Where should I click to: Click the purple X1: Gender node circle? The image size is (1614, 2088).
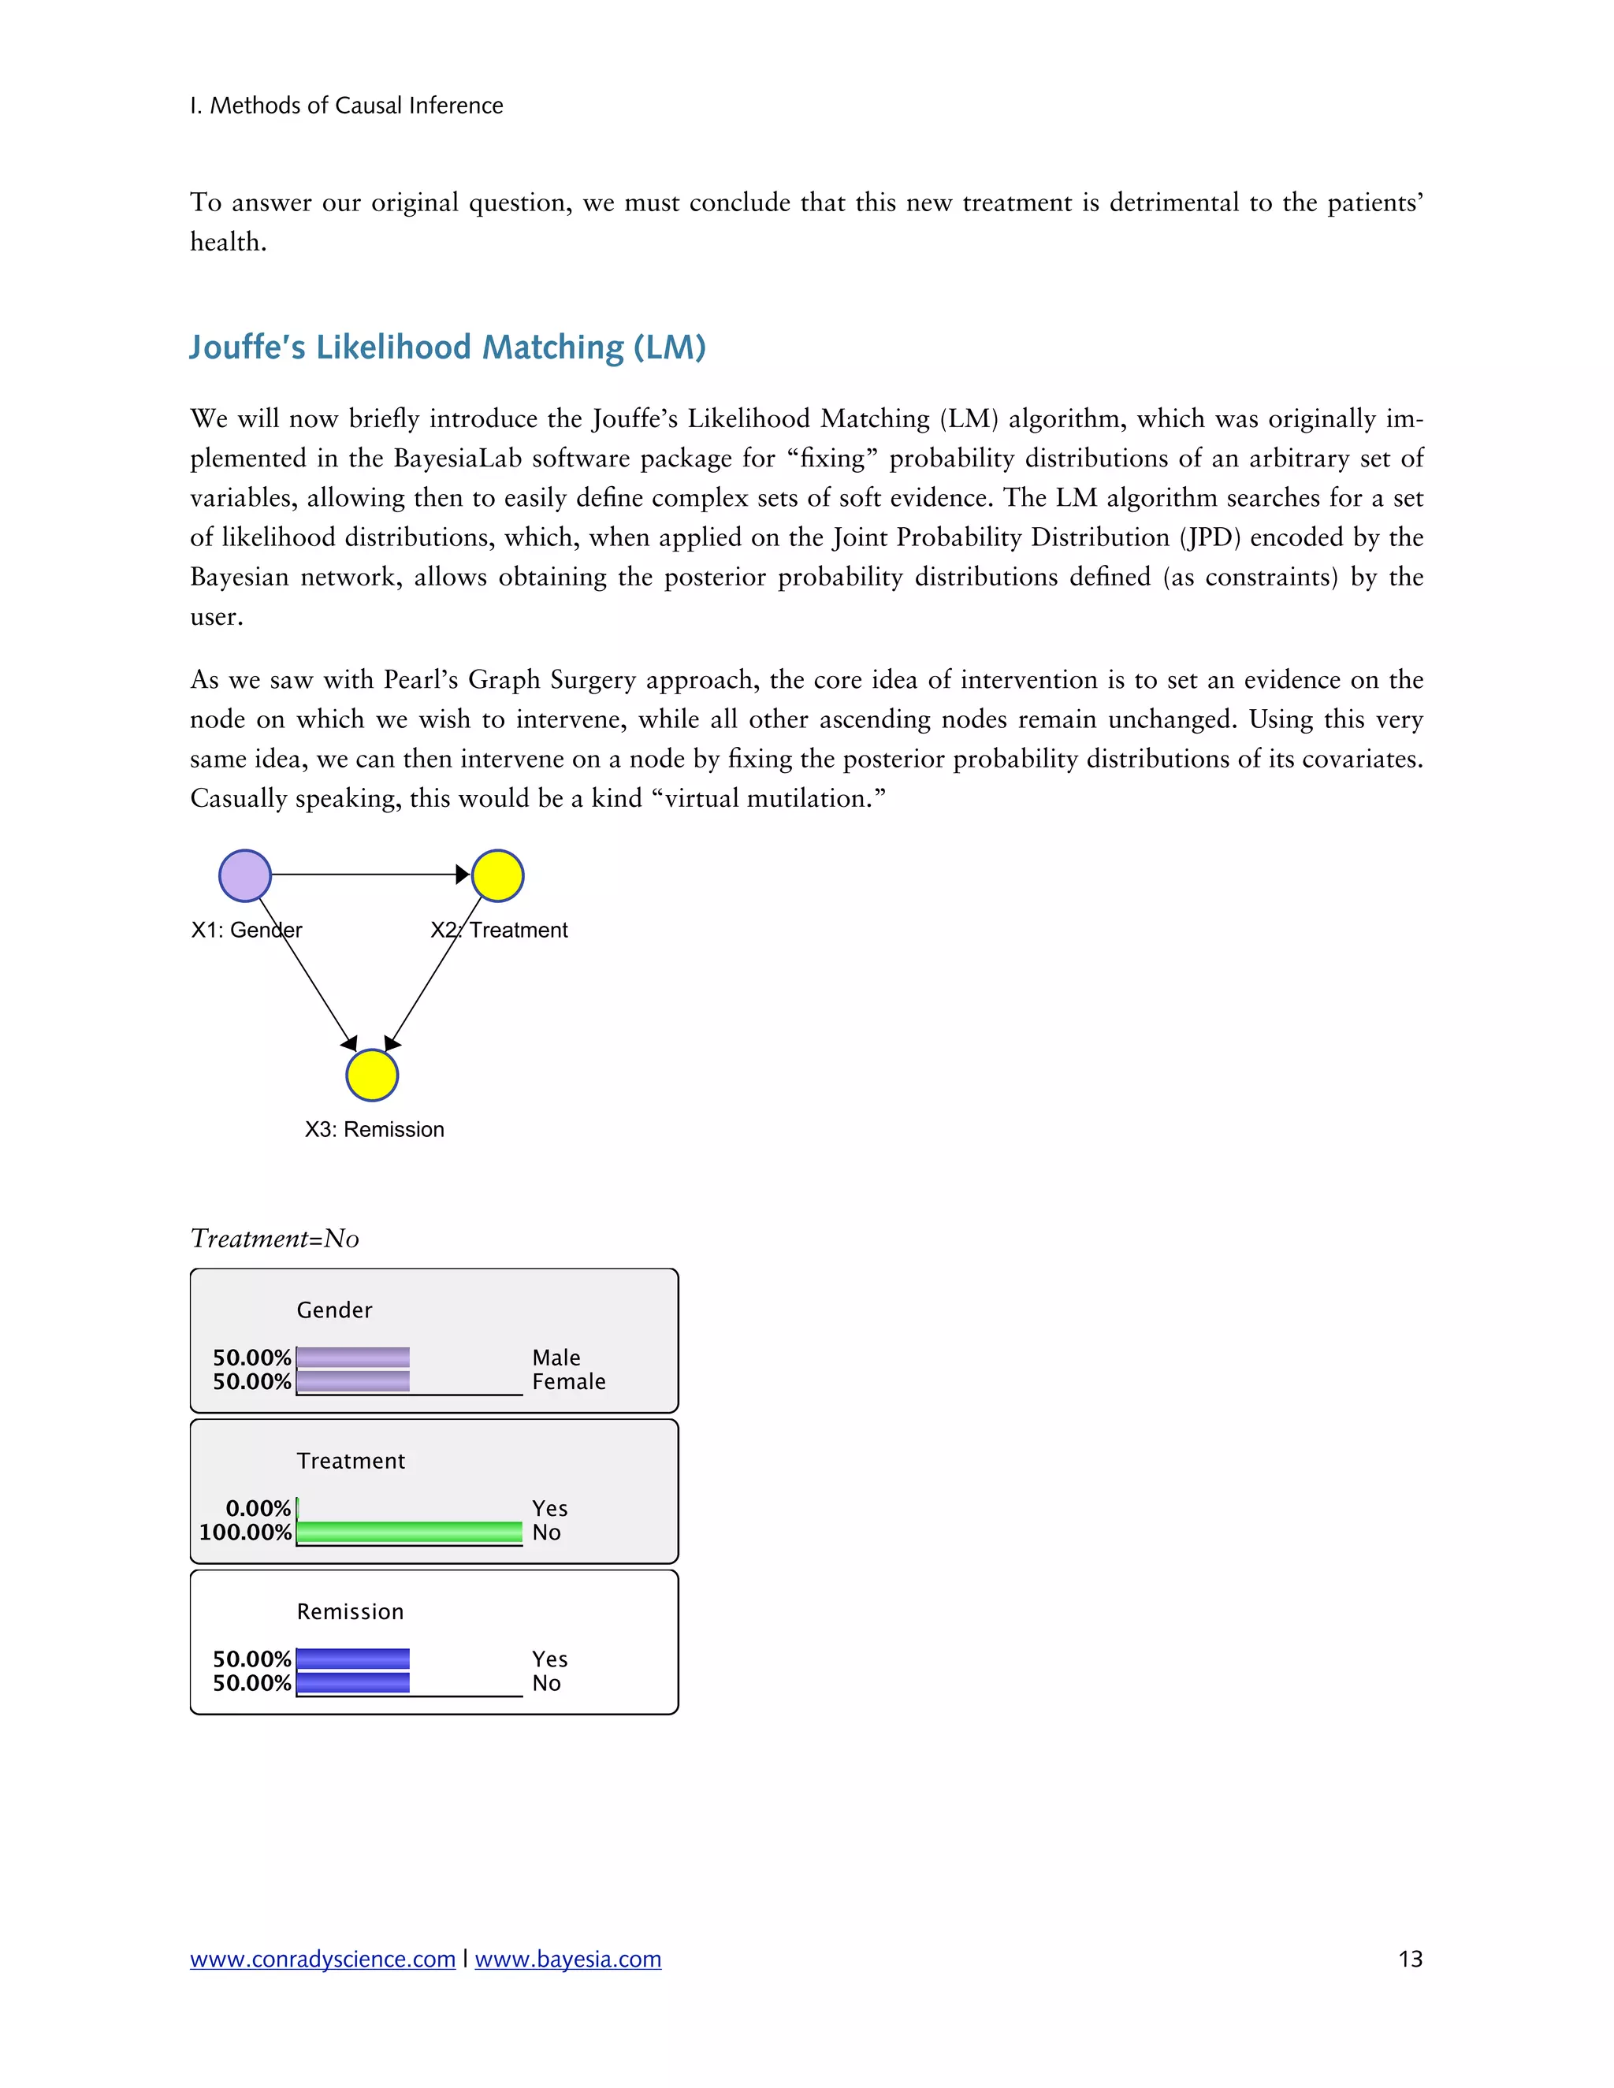pyautogui.click(x=245, y=875)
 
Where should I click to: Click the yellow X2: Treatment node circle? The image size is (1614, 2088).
pyautogui.click(x=497, y=875)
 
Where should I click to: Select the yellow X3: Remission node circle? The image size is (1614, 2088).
pyautogui.click(x=372, y=1075)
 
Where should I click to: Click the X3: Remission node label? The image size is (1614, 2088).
pyautogui.click(x=374, y=1129)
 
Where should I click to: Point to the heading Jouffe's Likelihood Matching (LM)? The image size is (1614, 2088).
pyautogui.click(x=447, y=346)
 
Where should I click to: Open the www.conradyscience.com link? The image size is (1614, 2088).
pyautogui.click(x=322, y=1959)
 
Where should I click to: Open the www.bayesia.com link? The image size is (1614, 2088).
pyautogui.click(x=568, y=1959)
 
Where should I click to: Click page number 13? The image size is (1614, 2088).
pyautogui.click(x=1409, y=1959)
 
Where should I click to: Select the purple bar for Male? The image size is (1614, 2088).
pyautogui.click(x=353, y=1357)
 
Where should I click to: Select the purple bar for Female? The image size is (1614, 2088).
pyautogui.click(x=353, y=1380)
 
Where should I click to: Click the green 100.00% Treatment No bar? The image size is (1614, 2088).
pyautogui.click(x=409, y=1532)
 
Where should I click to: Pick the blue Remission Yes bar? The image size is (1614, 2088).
pyautogui.click(x=353, y=1658)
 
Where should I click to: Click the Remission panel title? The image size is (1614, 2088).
pyautogui.click(x=350, y=1611)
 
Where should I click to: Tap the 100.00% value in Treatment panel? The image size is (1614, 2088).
pyautogui.click(x=245, y=1532)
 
